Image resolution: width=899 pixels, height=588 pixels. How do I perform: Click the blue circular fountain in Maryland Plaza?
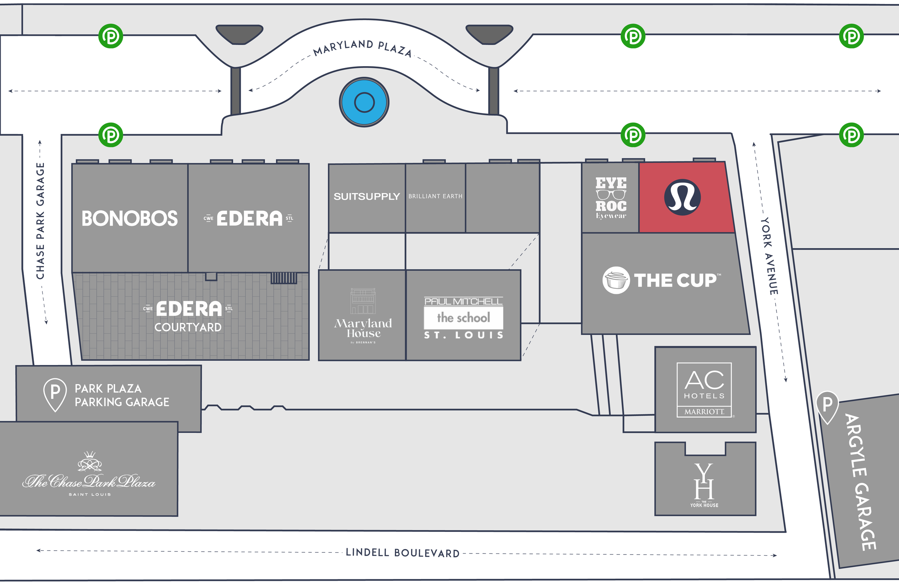tap(364, 102)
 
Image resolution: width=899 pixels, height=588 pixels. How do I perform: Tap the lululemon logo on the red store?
tap(682, 197)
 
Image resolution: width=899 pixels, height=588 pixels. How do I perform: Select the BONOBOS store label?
tap(129, 219)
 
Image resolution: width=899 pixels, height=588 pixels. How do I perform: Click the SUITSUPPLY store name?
tap(366, 196)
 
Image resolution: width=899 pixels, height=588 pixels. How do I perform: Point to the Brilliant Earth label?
tap(435, 196)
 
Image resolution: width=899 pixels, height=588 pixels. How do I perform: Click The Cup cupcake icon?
tap(616, 280)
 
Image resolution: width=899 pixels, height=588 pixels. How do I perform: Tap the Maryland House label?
tap(363, 328)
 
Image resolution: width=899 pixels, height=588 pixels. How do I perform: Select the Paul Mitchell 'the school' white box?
tap(464, 318)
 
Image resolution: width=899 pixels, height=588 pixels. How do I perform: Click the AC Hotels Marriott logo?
tap(704, 390)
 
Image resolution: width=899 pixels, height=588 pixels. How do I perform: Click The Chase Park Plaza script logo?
tap(89, 481)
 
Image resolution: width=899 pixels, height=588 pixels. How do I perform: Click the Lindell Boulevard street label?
tap(403, 553)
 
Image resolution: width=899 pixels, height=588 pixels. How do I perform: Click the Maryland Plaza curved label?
tap(362, 47)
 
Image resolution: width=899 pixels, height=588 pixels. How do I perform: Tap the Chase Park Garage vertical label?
tap(40, 221)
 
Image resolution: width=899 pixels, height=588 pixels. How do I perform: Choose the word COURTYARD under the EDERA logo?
tap(188, 327)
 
